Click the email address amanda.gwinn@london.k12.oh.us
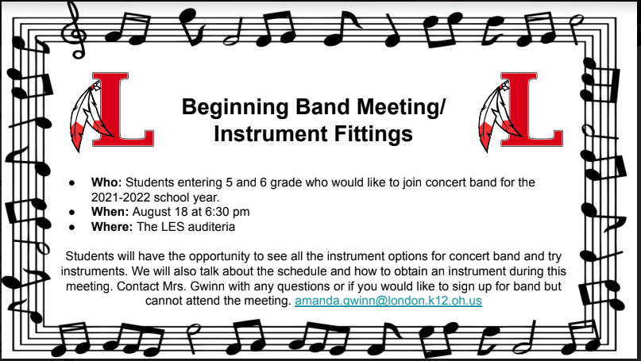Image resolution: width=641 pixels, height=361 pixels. click(388, 301)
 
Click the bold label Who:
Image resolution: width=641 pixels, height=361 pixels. click(106, 182)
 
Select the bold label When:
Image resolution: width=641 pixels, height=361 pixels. click(110, 212)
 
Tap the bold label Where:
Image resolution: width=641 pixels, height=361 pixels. click(112, 227)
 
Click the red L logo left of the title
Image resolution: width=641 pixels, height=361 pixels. click(123, 109)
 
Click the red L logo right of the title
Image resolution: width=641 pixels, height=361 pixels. click(531, 109)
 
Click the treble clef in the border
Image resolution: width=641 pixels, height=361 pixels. click(75, 29)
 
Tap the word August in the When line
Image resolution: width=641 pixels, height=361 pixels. click(152, 213)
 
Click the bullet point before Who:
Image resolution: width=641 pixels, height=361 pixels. click(72, 182)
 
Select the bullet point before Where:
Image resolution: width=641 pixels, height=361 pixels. click(72, 227)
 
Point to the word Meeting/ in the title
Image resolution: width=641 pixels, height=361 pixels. click(400, 107)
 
